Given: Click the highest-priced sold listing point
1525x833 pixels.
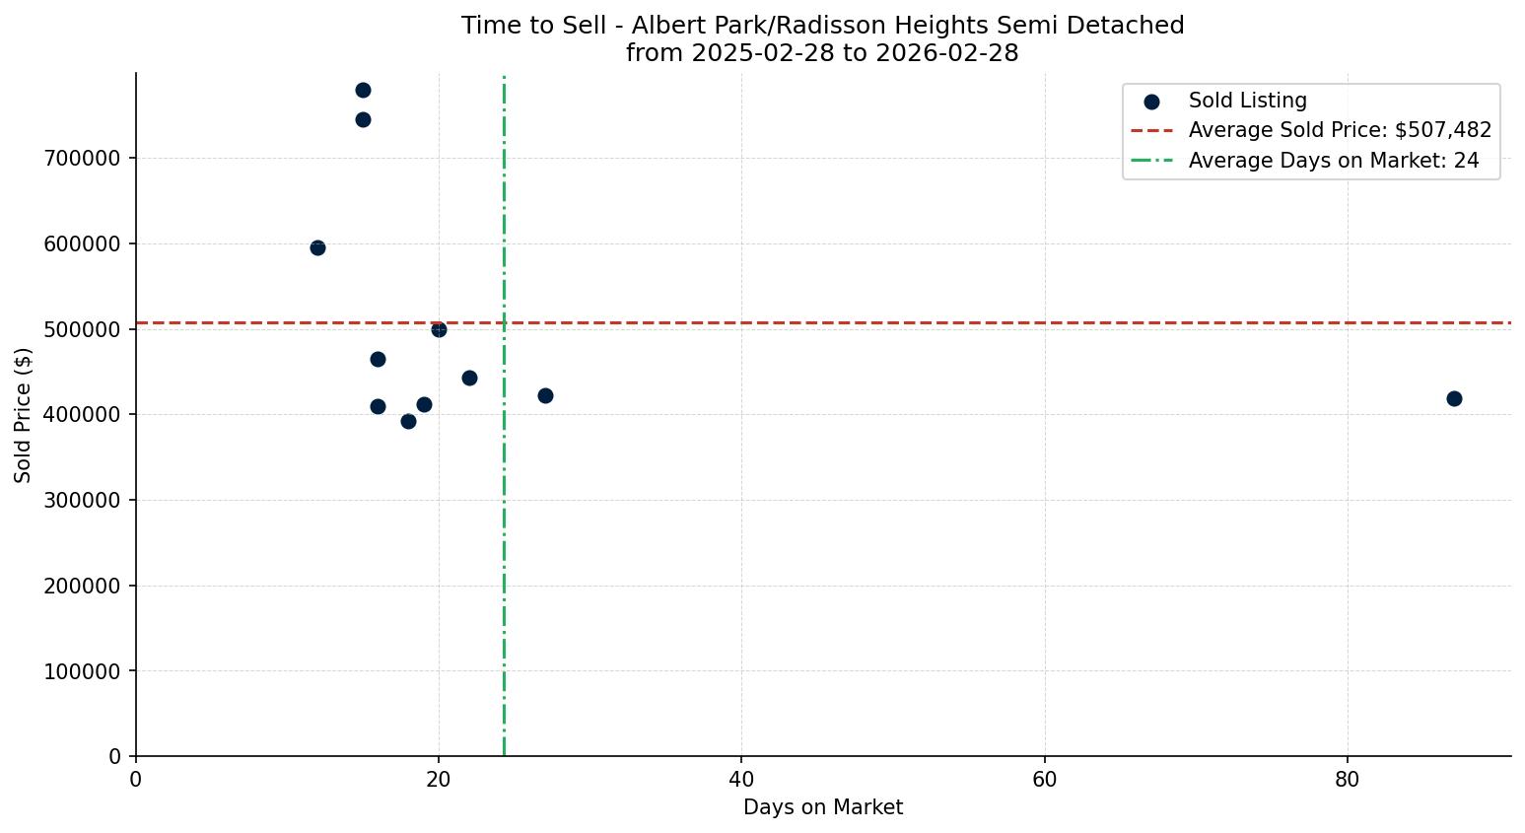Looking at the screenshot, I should coord(363,91).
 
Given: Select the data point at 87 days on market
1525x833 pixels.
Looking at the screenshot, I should coord(1453,398).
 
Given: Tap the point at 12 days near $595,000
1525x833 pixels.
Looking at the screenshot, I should coord(317,247).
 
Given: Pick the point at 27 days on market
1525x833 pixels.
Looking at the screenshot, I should coord(545,395).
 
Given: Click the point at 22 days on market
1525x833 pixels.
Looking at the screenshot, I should coord(469,378).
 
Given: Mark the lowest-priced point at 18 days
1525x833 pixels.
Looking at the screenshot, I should coord(408,421).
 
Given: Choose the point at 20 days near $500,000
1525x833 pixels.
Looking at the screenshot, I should coord(439,329).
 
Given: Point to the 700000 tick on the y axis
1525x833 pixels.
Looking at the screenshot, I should coord(83,159).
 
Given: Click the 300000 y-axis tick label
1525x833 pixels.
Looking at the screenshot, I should coord(83,501).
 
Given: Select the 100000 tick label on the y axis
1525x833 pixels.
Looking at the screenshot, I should coord(83,671).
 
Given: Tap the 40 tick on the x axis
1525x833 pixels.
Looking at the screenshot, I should coord(741,780).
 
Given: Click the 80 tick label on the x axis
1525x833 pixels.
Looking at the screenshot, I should coord(1347,780).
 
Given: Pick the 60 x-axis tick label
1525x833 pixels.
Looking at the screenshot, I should coord(1044,780).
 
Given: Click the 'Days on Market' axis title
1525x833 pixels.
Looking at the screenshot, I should coord(822,807).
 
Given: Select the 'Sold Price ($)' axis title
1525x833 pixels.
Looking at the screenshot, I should coord(24,415).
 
